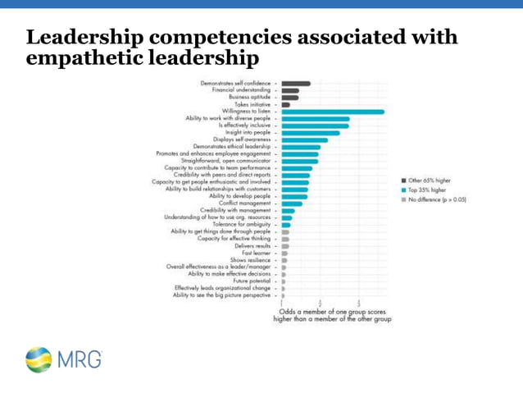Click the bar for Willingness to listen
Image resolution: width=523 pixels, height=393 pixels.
[x=333, y=112]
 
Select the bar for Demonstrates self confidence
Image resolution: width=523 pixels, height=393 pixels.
[x=296, y=83]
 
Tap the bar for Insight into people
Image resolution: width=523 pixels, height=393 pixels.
[x=311, y=133]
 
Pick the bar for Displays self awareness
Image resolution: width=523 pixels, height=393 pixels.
[x=305, y=139]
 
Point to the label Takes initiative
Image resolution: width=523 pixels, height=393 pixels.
[x=252, y=104]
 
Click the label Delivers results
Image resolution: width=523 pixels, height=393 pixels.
[x=252, y=246]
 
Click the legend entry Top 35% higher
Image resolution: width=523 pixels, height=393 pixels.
[x=426, y=190]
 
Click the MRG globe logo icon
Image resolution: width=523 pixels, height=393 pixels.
[x=39, y=359]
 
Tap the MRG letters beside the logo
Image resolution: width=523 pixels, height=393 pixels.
[x=80, y=359]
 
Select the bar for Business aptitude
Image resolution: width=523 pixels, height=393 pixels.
[x=290, y=98]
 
